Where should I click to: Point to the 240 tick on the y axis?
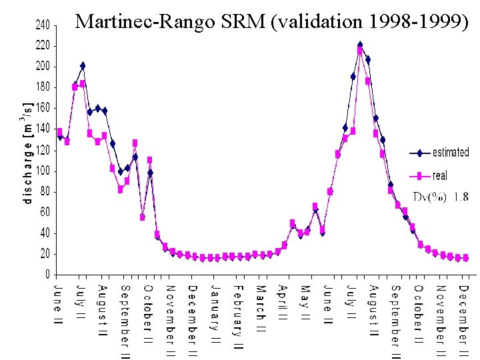(x=42, y=25)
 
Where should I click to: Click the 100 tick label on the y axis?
(x=42, y=171)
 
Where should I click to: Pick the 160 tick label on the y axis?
(x=42, y=108)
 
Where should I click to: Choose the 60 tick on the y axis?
(x=44, y=212)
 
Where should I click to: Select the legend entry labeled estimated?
(x=451, y=153)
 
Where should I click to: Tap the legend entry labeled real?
(x=440, y=176)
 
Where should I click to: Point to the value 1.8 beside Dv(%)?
(x=461, y=197)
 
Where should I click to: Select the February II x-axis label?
(x=238, y=317)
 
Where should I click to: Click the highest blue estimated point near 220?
(x=360, y=45)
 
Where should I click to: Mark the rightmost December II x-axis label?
(x=464, y=319)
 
